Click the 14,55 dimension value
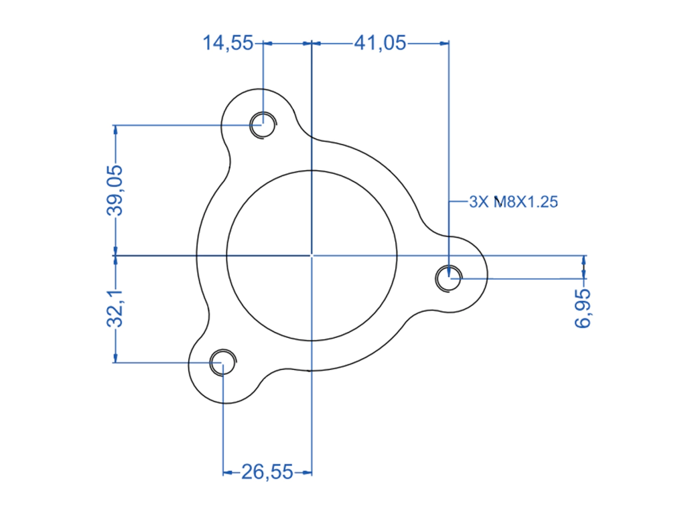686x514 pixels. click(x=228, y=44)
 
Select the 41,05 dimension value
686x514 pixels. click(x=381, y=44)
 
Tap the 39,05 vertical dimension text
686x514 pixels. click(x=115, y=191)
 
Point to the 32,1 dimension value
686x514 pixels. click(x=115, y=308)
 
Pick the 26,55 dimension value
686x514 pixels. click(x=267, y=472)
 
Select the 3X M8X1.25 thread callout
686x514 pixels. click(x=514, y=202)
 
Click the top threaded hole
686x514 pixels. click(x=263, y=125)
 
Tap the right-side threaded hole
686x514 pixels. click(x=449, y=278)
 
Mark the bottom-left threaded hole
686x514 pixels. click(x=222, y=362)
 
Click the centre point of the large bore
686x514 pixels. click(x=312, y=255)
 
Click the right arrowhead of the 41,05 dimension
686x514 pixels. click(x=445, y=44)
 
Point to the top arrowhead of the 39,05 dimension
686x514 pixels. click(x=115, y=129)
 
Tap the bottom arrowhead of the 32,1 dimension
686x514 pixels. click(x=115, y=358)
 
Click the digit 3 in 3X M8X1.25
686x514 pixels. click(x=473, y=202)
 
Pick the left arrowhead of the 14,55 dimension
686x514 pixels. click(x=268, y=44)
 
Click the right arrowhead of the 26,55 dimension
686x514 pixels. click(x=307, y=473)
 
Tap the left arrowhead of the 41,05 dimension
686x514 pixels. click(x=316, y=44)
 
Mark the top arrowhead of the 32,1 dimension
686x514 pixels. click(x=115, y=260)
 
